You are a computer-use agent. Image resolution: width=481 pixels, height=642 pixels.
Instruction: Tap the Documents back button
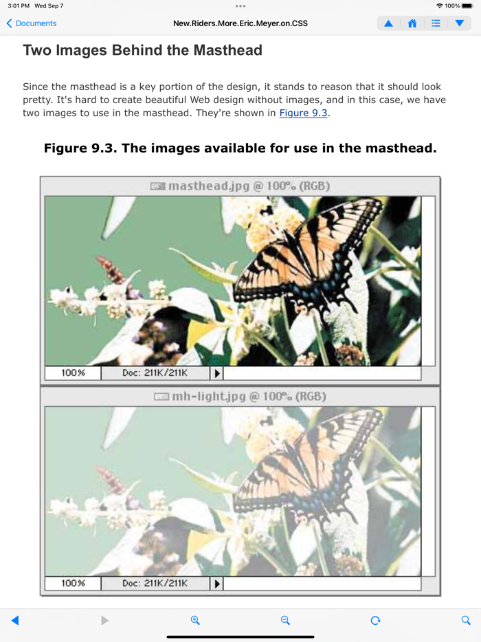[x=32, y=23]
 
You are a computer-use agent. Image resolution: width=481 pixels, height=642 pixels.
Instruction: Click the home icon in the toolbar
[x=412, y=23]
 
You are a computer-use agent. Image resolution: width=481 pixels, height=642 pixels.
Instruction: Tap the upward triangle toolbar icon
[x=388, y=23]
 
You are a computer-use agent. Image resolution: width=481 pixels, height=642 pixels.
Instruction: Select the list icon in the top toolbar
[x=436, y=23]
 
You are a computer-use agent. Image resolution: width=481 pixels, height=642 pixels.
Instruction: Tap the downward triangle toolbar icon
[x=460, y=23]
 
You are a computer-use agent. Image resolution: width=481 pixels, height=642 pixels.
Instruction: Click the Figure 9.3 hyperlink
[x=303, y=113]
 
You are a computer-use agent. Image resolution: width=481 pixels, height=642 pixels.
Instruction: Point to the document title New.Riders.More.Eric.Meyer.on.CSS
[x=240, y=23]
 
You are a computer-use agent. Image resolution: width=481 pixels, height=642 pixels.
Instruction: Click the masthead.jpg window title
[x=240, y=186]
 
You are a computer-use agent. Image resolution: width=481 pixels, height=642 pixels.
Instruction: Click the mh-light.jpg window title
[x=240, y=397]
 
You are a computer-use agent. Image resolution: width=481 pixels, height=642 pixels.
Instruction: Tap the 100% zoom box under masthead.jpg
[x=73, y=373]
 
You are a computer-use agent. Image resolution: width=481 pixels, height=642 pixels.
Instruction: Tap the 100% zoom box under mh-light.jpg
[x=73, y=583]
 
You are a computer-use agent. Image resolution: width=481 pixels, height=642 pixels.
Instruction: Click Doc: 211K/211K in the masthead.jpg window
[x=155, y=373]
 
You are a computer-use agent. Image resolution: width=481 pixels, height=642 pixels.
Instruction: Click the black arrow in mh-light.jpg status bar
[x=217, y=584]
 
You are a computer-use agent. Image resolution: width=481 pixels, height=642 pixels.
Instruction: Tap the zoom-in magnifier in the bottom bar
[x=195, y=620]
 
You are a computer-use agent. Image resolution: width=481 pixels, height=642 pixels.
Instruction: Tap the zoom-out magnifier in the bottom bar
[x=285, y=620]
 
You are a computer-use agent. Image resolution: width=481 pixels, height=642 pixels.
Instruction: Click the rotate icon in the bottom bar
[x=375, y=620]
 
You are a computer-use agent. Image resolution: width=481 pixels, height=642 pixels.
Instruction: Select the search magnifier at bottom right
[x=466, y=620]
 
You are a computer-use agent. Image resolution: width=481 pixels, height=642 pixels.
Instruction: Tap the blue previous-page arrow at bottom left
[x=15, y=620]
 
